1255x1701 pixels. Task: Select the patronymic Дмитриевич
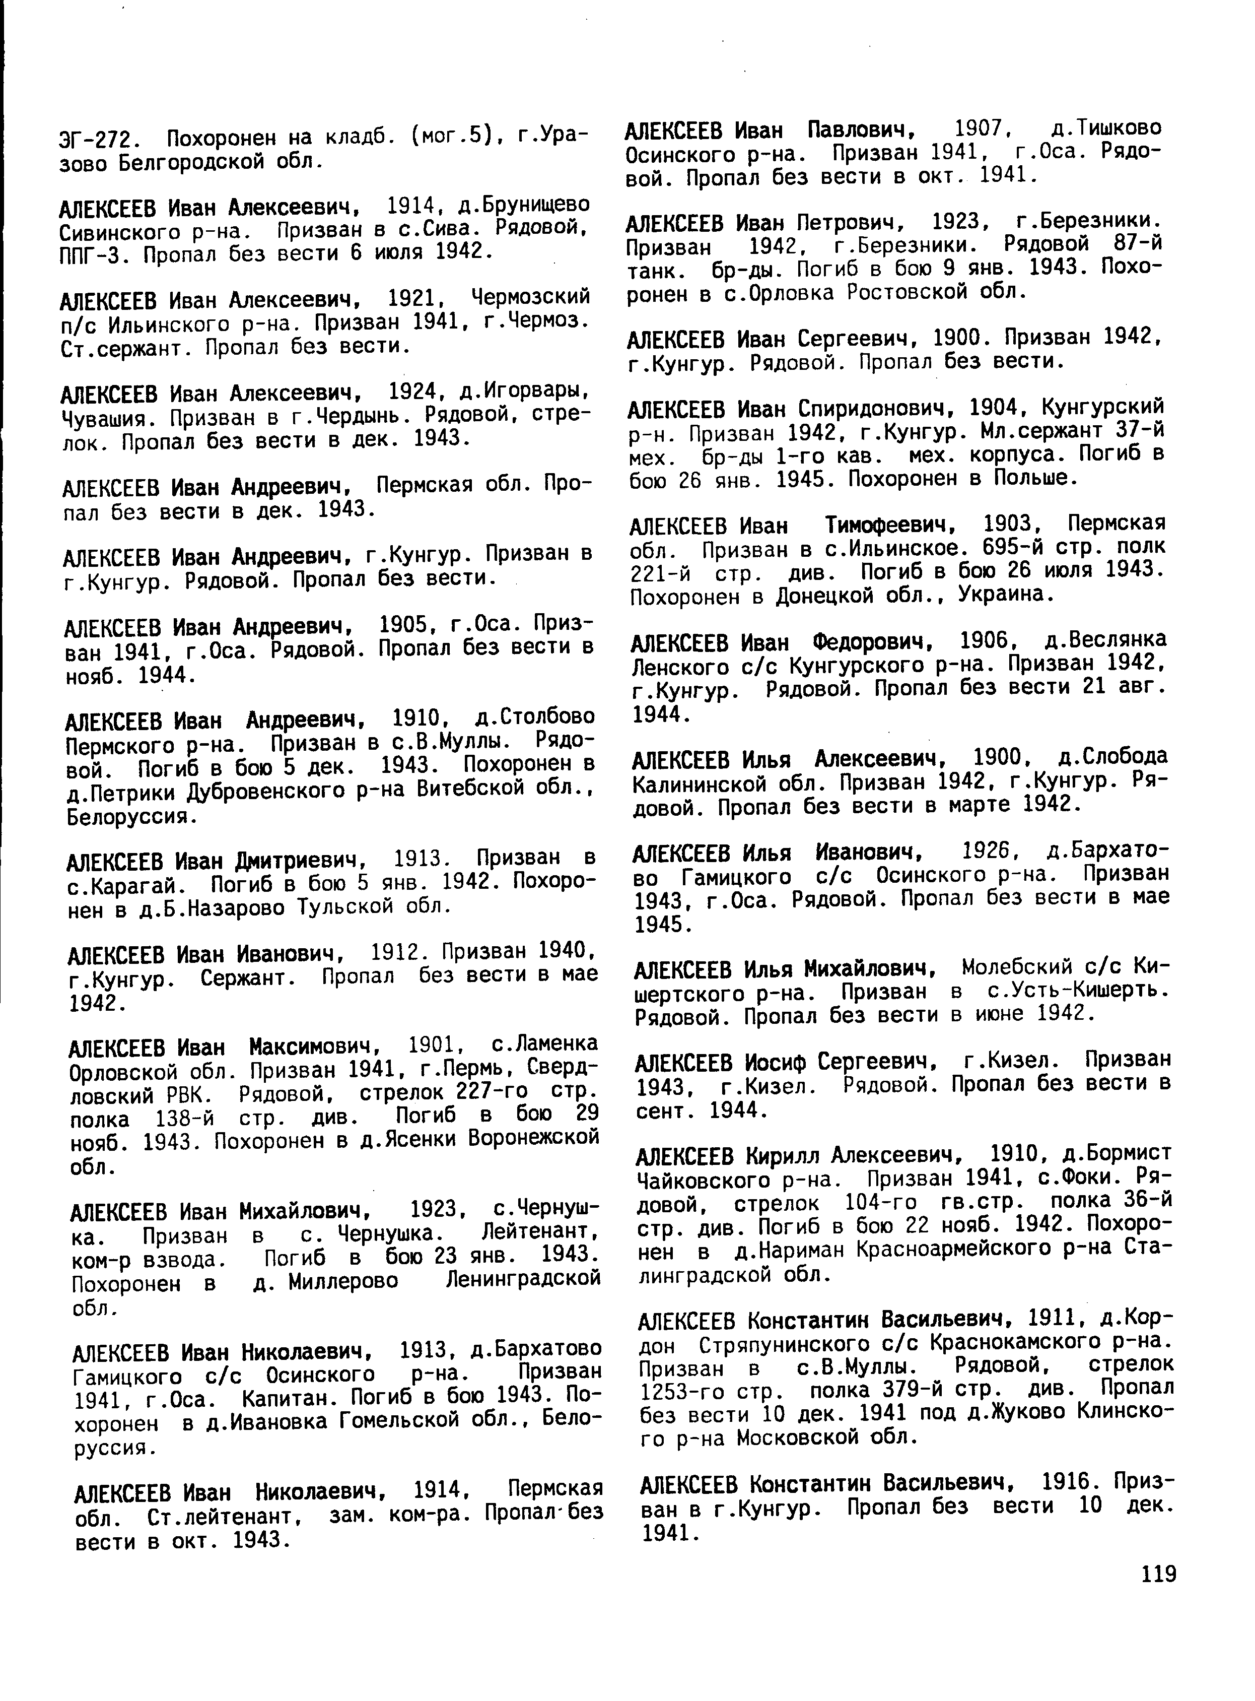click(x=301, y=861)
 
